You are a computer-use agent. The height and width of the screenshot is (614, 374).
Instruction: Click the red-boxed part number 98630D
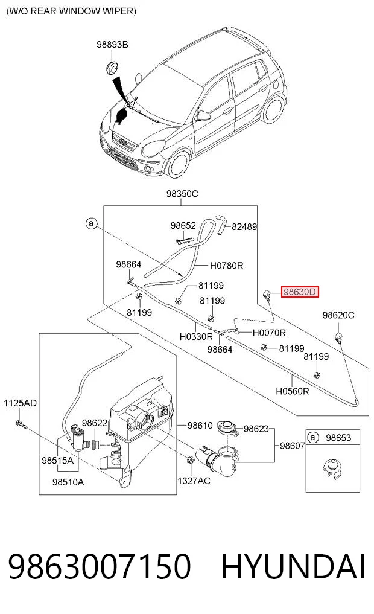click(300, 292)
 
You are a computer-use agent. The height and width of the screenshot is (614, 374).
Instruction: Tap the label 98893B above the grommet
click(112, 45)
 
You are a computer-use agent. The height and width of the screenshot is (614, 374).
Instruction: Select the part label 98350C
click(182, 194)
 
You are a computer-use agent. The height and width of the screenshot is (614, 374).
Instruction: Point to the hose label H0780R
click(227, 266)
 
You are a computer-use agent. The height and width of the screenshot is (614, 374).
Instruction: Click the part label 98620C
click(338, 315)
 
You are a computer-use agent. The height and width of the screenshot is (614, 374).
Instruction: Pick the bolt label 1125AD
click(20, 403)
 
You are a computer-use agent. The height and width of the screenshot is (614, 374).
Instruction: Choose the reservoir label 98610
click(200, 426)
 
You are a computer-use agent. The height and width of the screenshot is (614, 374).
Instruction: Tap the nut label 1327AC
click(194, 481)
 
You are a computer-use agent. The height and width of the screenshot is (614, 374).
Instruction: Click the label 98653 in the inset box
click(338, 438)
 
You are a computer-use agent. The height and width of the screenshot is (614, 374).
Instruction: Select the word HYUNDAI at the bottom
click(293, 567)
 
